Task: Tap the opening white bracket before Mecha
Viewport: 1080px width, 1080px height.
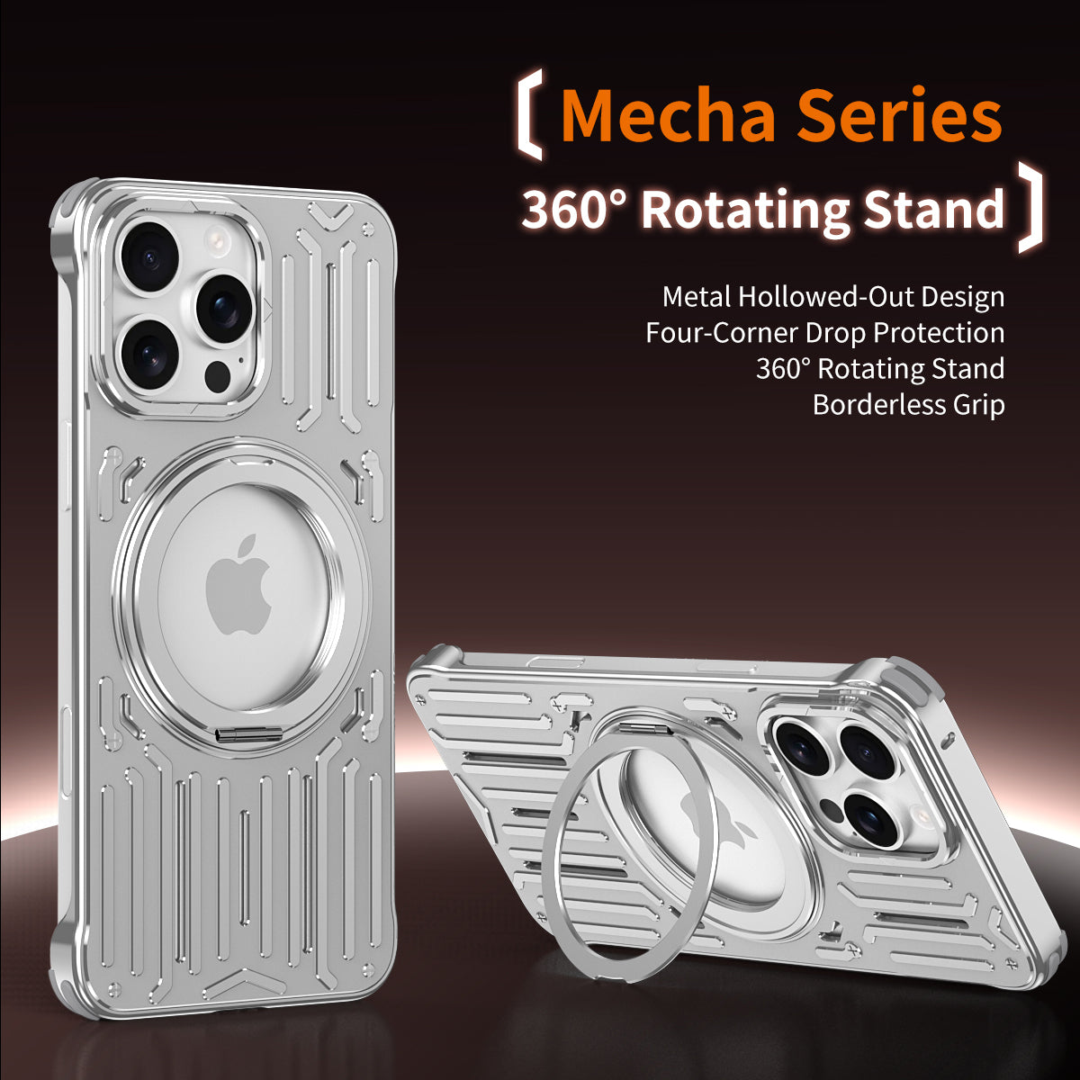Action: [530, 118]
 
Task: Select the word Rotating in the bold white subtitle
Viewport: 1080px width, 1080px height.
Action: [745, 210]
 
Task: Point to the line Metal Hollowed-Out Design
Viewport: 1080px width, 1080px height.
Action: [832, 296]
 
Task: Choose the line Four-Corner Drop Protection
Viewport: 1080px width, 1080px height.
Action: [824, 332]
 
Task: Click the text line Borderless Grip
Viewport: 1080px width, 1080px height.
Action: [907, 404]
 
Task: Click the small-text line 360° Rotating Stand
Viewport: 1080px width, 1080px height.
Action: [879, 368]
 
